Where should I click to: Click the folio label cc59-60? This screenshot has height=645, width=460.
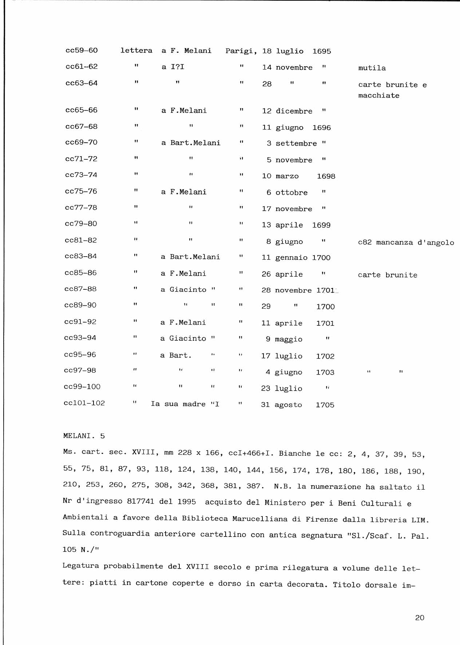[82, 50]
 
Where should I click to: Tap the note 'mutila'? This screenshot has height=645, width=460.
[372, 68]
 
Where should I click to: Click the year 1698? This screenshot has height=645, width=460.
[326, 177]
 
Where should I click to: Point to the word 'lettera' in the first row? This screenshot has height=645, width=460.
[136, 50]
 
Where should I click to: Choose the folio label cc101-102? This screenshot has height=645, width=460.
[84, 403]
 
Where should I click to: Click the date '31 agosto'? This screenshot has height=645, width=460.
[281, 405]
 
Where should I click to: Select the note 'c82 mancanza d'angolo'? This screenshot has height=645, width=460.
[406, 242]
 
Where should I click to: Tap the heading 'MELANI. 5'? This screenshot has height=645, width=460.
[84, 436]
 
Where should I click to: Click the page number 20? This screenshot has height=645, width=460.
[419, 618]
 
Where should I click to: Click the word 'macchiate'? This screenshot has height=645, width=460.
[378, 96]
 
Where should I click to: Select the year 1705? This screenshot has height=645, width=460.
[325, 405]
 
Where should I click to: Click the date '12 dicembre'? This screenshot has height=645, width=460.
[287, 111]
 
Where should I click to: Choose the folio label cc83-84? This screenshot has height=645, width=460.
[81, 256]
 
